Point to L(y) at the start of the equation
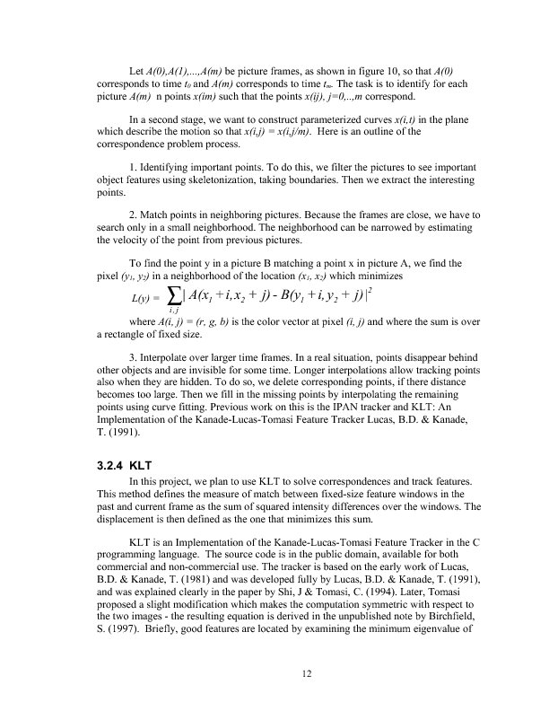tap(144, 296)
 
